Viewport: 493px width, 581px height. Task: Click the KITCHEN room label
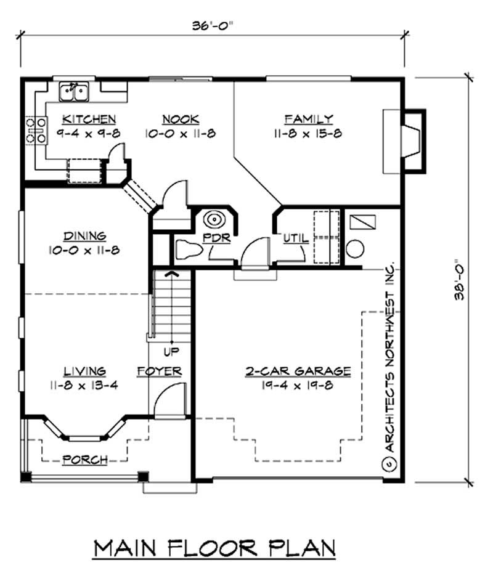point(89,119)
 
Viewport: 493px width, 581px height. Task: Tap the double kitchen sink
point(75,91)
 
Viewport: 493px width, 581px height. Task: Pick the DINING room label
point(84,236)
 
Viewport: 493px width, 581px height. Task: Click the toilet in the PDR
point(187,250)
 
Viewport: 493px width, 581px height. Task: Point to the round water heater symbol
point(355,249)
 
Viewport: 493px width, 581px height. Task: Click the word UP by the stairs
point(171,352)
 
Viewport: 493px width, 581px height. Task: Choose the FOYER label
point(159,372)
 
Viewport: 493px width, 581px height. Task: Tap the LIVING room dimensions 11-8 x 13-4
point(85,386)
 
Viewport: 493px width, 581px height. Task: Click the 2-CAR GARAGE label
point(298,372)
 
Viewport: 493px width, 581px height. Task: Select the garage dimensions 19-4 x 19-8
point(298,386)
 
